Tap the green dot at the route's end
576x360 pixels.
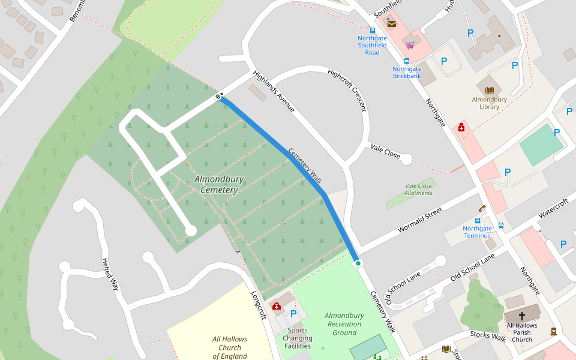coord(358,263)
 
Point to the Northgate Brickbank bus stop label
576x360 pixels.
coord(407,73)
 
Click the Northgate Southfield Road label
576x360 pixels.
coord(372,45)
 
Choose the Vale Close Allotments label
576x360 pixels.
coord(418,190)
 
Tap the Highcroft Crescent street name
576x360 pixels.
coord(347,90)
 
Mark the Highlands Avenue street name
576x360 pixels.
coord(274,92)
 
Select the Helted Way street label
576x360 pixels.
coord(110,274)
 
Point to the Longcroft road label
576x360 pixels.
coord(258,305)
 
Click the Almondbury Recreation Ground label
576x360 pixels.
coord(344,324)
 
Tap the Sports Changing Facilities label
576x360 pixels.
coord(298,338)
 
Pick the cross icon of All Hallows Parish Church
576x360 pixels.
coord(521,316)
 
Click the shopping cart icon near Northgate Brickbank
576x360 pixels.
coord(410,45)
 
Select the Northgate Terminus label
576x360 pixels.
coord(477,232)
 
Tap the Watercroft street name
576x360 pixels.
coord(553,209)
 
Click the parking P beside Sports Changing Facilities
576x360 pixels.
coord(293,314)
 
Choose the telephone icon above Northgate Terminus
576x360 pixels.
coord(481,209)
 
